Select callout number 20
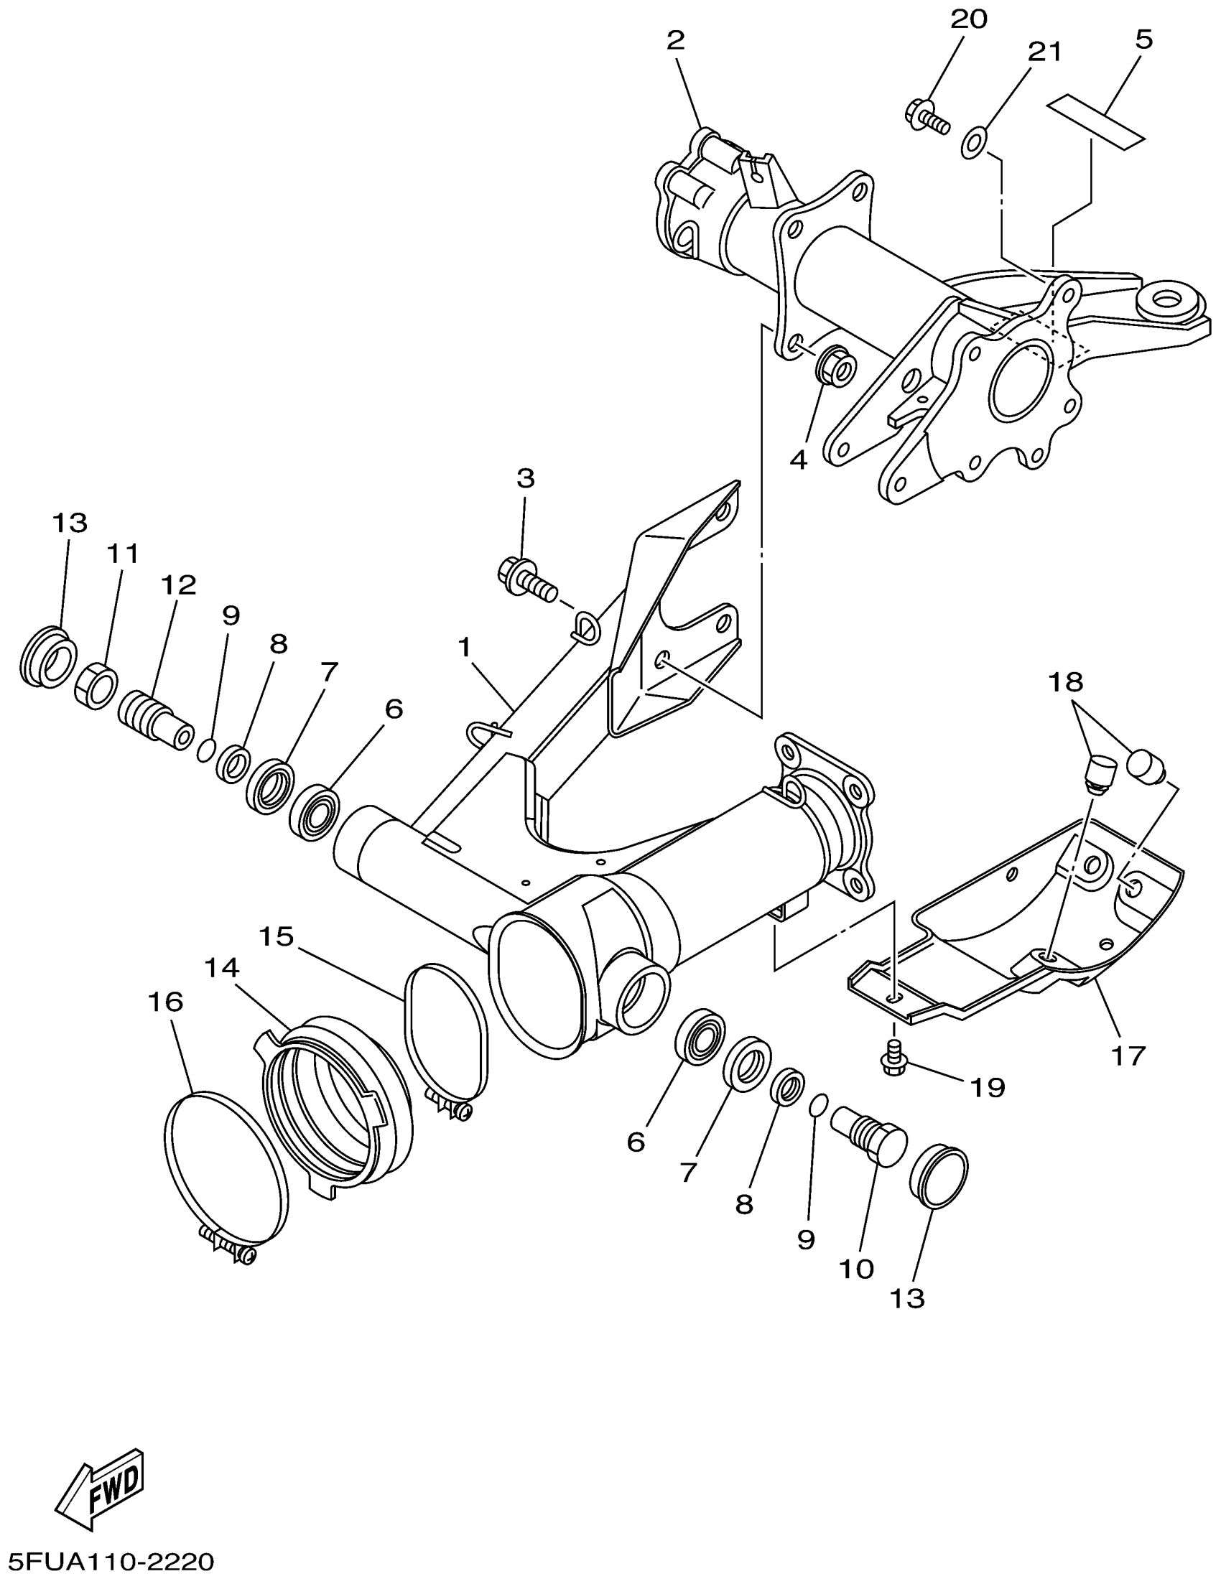click(x=968, y=19)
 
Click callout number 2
click(x=675, y=40)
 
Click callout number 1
click(x=464, y=648)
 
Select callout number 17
click(x=1128, y=1056)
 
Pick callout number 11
click(x=123, y=554)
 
